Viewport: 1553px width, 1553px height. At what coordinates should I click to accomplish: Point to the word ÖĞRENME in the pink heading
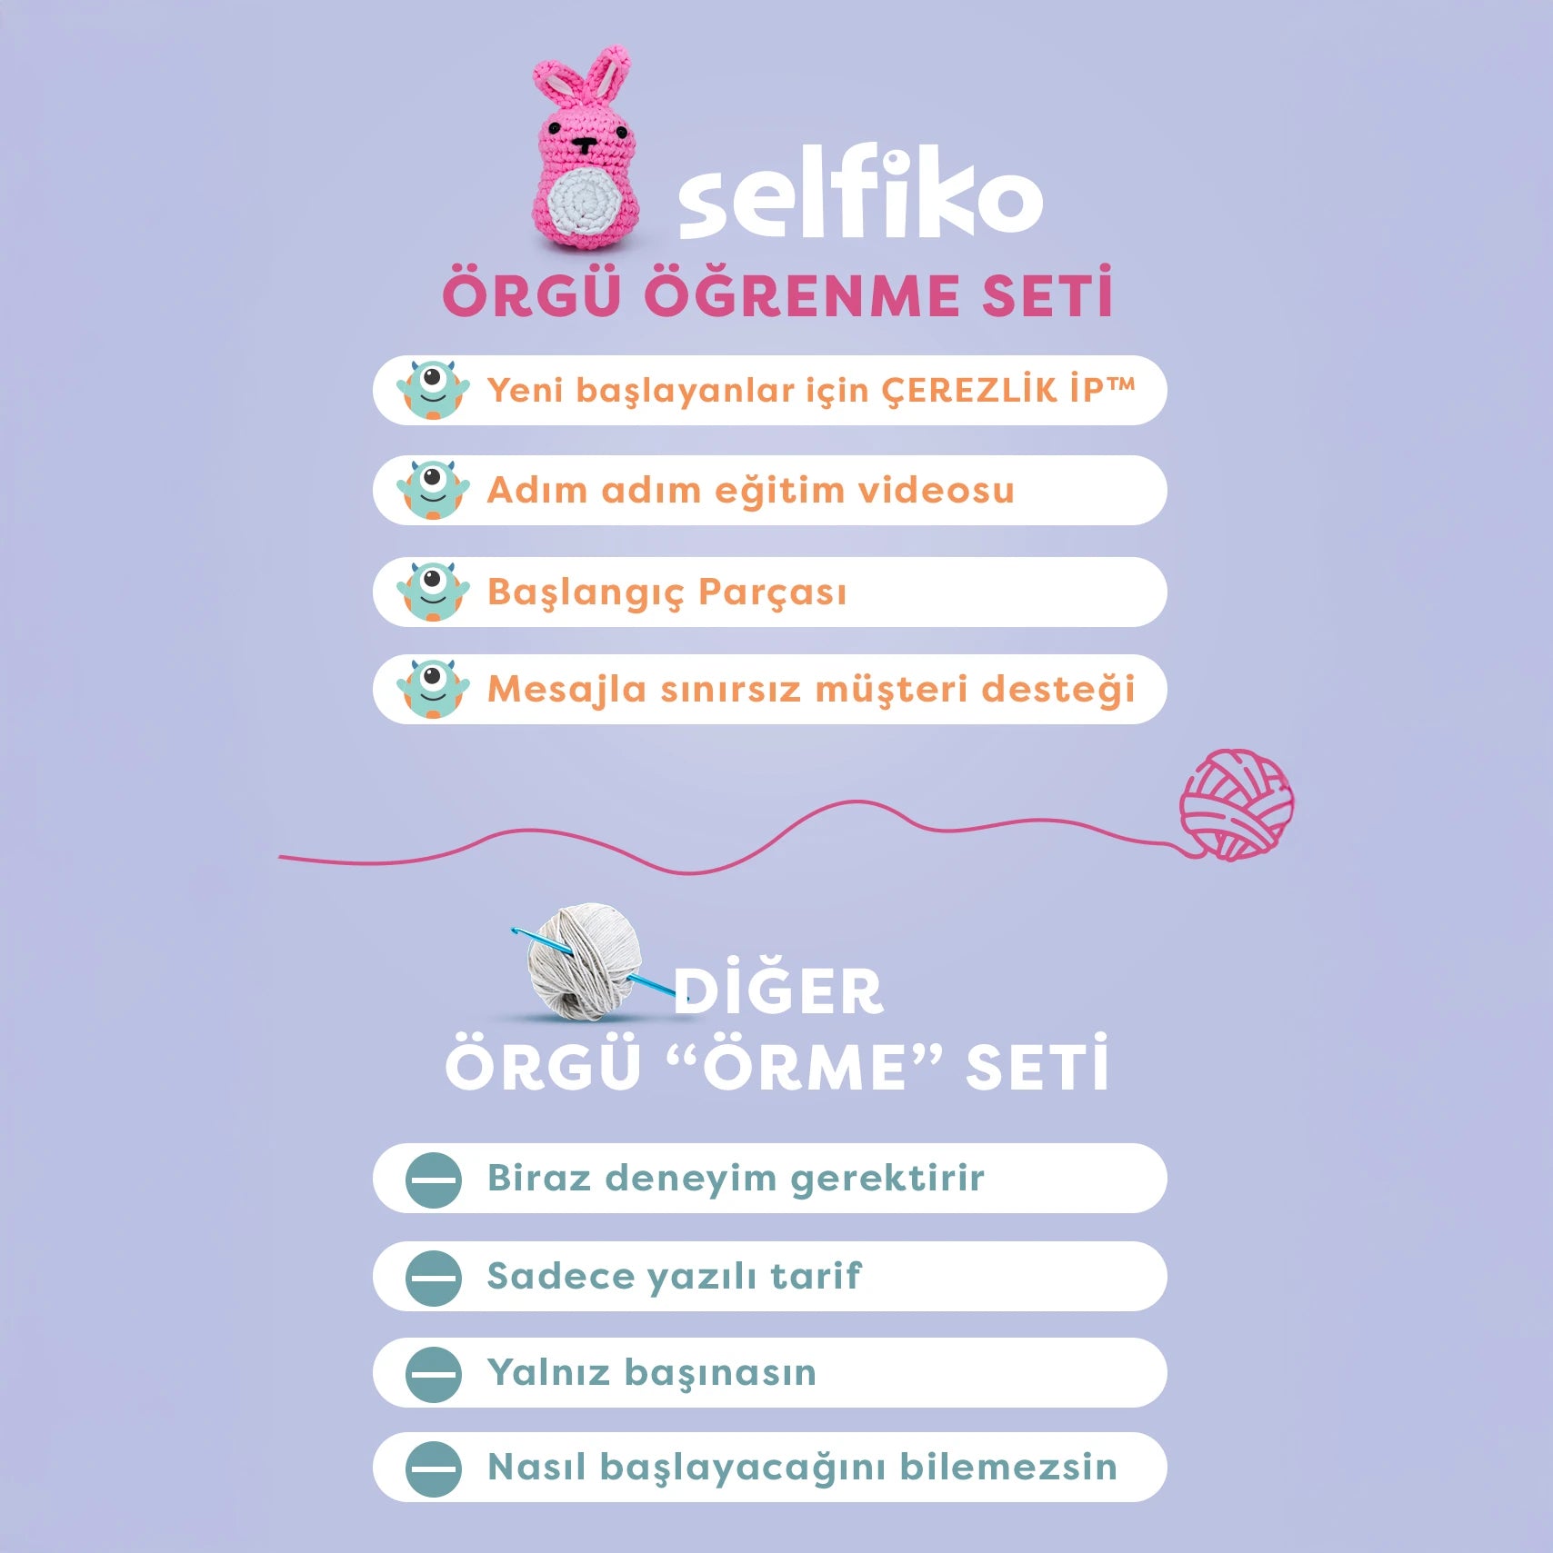[801, 295]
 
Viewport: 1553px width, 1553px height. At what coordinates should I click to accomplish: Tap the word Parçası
[772, 592]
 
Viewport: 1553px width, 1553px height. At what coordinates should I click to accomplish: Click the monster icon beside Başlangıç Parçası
[433, 592]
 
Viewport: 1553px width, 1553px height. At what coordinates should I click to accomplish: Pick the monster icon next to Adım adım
[433, 490]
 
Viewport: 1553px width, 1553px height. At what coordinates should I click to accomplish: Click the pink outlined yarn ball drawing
[1237, 805]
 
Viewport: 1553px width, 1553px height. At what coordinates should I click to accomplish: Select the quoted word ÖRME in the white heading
[805, 1067]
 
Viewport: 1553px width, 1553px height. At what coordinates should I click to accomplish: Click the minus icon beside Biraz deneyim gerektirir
[434, 1180]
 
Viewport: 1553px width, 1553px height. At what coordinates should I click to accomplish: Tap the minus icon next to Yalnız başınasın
[434, 1373]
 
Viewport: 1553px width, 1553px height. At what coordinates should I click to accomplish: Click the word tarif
[816, 1276]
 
